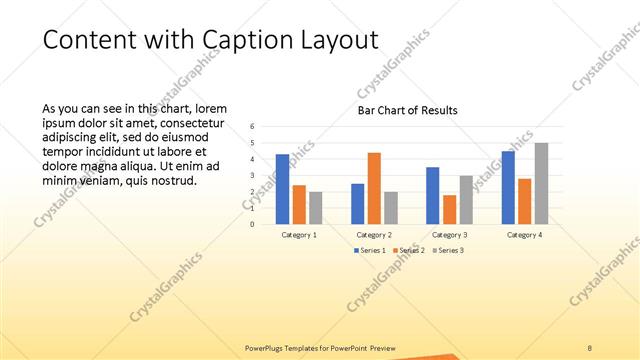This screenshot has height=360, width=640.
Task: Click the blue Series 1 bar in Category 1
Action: pyautogui.click(x=282, y=189)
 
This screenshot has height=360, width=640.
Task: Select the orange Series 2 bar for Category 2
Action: pyautogui.click(x=374, y=188)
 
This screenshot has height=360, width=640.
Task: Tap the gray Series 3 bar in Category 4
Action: pyautogui.click(x=541, y=183)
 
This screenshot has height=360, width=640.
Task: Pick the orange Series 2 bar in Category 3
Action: pyautogui.click(x=449, y=209)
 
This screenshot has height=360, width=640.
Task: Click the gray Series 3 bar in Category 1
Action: pyautogui.click(x=316, y=207)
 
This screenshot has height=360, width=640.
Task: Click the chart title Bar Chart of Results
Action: pyautogui.click(x=407, y=110)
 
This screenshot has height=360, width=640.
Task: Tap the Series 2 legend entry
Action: pyautogui.click(x=407, y=250)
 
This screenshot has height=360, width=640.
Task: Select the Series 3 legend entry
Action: pyautogui.click(x=447, y=250)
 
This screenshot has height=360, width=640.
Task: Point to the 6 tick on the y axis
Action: pyautogui.click(x=253, y=126)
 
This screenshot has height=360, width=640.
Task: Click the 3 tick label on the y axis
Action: pyautogui.click(x=253, y=175)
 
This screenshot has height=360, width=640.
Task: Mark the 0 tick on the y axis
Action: pyautogui.click(x=253, y=224)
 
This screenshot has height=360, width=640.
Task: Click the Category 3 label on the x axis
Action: pyautogui.click(x=449, y=234)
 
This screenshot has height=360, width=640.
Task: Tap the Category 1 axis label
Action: pyautogui.click(x=299, y=234)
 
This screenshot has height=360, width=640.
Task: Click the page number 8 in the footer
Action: pyautogui.click(x=590, y=347)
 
